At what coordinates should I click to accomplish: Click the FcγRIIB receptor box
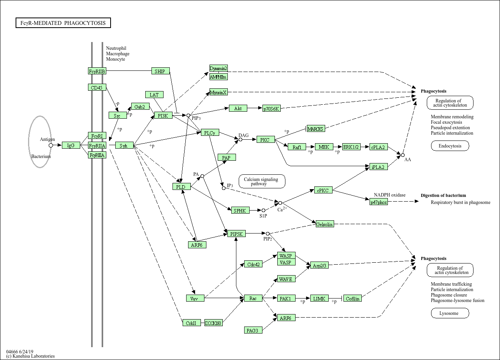pyautogui.click(x=97, y=71)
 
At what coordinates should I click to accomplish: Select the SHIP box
pyautogui.click(x=160, y=71)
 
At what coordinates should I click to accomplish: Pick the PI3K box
pyautogui.click(x=163, y=115)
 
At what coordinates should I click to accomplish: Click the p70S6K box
pyautogui.click(x=271, y=109)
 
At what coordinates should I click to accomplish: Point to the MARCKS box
pyautogui.click(x=315, y=129)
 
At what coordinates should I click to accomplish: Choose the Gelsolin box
pyautogui.click(x=325, y=224)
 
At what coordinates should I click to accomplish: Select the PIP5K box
pyautogui.click(x=236, y=234)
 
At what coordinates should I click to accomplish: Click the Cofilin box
pyautogui.click(x=352, y=298)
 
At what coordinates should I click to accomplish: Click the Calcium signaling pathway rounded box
pyautogui.click(x=262, y=181)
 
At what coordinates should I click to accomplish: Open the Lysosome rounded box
pyautogui.click(x=450, y=313)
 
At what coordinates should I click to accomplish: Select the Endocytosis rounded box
pyautogui.click(x=450, y=146)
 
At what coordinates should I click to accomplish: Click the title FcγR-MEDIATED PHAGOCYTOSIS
pyautogui.click(x=63, y=23)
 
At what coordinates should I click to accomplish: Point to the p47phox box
pyautogui.click(x=379, y=202)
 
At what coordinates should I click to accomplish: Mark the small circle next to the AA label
pyautogui.click(x=403, y=155)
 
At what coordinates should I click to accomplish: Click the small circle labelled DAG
pyautogui.click(x=240, y=139)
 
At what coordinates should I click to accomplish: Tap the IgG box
pyautogui.click(x=71, y=145)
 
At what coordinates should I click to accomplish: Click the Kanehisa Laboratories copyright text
pyautogui.click(x=30, y=356)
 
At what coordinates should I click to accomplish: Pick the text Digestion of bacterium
pyautogui.click(x=443, y=195)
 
